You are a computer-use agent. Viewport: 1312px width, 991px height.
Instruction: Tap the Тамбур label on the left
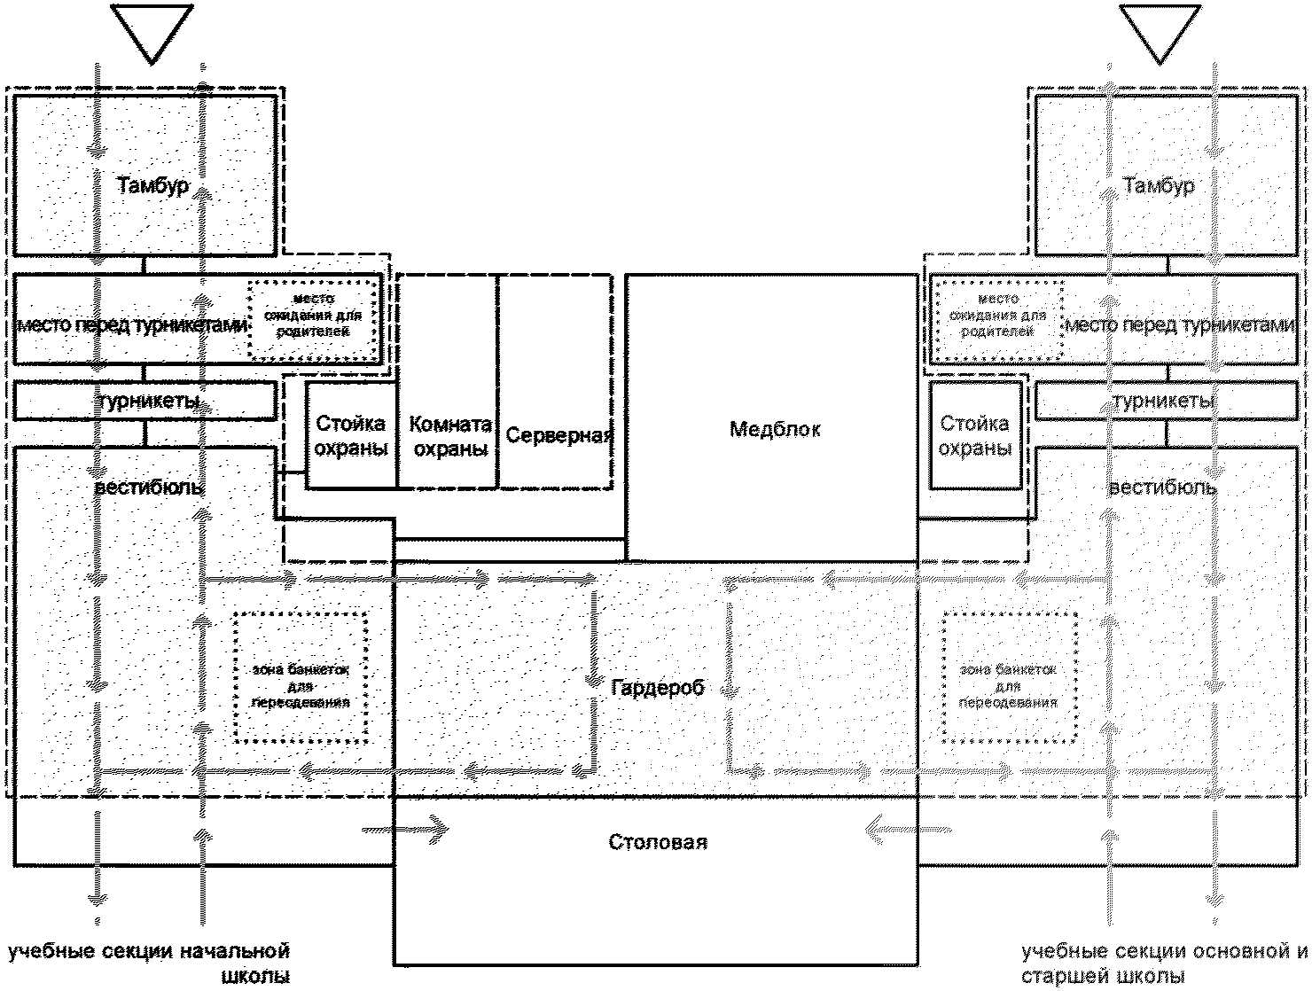pyautogui.click(x=152, y=186)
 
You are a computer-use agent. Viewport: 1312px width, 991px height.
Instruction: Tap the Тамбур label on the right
pyautogui.click(x=1159, y=186)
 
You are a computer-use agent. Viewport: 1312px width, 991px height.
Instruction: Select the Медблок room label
pyautogui.click(x=775, y=430)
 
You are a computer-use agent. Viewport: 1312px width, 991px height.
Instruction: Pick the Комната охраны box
pyautogui.click(x=449, y=435)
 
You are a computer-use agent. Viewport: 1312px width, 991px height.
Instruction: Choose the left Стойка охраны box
pyautogui.click(x=351, y=435)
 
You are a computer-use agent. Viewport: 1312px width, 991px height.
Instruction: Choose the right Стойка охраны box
pyautogui.click(x=974, y=435)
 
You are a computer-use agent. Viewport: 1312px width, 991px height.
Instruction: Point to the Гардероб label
pyautogui.click(x=657, y=687)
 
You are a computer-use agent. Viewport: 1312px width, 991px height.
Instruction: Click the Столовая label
pyautogui.click(x=658, y=841)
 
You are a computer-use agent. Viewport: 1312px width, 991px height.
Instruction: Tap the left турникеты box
pyautogui.click(x=146, y=402)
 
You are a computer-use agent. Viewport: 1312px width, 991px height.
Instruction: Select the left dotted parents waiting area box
pyautogui.click(x=313, y=319)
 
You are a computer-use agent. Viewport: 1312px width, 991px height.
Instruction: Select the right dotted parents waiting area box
pyautogui.click(x=997, y=319)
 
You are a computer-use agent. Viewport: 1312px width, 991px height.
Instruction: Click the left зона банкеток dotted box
pyautogui.click(x=301, y=677)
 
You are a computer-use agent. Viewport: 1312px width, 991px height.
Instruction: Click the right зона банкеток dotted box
pyautogui.click(x=1010, y=677)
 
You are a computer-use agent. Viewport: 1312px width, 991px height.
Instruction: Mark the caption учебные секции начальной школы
pyautogui.click(x=150, y=964)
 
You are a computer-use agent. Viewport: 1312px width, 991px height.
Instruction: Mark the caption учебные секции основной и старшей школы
pyautogui.click(x=1163, y=964)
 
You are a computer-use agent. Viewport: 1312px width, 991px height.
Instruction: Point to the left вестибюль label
pyautogui.click(x=148, y=488)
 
